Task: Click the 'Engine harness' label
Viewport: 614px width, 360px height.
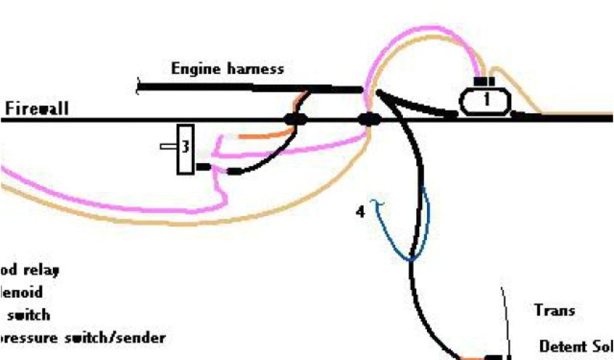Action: pyautogui.click(x=227, y=69)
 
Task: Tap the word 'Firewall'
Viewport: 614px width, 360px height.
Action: pyautogui.click(x=37, y=109)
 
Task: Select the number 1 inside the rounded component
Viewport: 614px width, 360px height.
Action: pyautogui.click(x=486, y=100)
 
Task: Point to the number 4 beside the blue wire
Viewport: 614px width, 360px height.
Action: pyautogui.click(x=360, y=212)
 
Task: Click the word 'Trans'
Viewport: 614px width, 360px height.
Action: pyautogui.click(x=554, y=311)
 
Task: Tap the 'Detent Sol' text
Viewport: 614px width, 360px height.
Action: pyautogui.click(x=576, y=347)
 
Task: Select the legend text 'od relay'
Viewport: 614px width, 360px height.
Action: pyautogui.click(x=30, y=271)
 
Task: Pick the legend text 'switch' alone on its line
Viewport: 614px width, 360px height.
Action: pyautogui.click(x=26, y=315)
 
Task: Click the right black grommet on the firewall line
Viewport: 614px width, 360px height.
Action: pyautogui.click(x=370, y=119)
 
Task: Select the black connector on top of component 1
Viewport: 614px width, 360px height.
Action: pyautogui.click(x=484, y=81)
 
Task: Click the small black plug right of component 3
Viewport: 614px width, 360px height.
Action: pyautogui.click(x=204, y=167)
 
